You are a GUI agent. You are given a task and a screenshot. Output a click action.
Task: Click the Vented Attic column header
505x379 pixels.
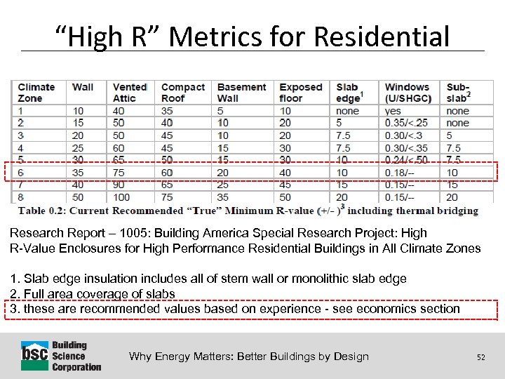130,93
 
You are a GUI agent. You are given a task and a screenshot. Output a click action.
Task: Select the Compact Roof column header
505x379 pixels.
183,93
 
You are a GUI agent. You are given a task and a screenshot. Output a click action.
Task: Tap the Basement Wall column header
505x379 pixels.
241,93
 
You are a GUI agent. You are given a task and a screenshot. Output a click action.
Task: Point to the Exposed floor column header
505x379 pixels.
301,93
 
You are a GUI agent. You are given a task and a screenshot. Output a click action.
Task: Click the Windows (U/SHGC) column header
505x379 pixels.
408,93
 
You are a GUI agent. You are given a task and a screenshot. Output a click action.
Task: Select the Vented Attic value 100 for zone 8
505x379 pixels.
123,197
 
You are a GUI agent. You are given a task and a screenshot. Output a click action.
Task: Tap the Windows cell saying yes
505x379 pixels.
393,111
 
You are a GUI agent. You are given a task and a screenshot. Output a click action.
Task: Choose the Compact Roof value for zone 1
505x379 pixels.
167,111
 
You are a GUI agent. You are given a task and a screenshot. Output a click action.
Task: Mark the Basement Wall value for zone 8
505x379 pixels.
223,197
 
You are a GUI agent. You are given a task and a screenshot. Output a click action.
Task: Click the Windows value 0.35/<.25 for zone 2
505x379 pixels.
406,123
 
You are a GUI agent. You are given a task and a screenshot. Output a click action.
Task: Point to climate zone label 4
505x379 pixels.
21,148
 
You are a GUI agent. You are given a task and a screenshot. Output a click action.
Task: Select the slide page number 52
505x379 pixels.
480,357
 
